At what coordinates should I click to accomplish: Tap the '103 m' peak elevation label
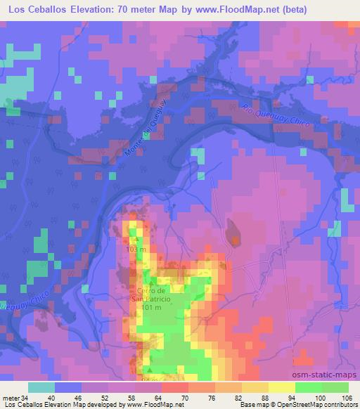coord(137,249)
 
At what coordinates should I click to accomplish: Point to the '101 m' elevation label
coord(152,307)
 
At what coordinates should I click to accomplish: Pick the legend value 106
coord(346,397)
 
